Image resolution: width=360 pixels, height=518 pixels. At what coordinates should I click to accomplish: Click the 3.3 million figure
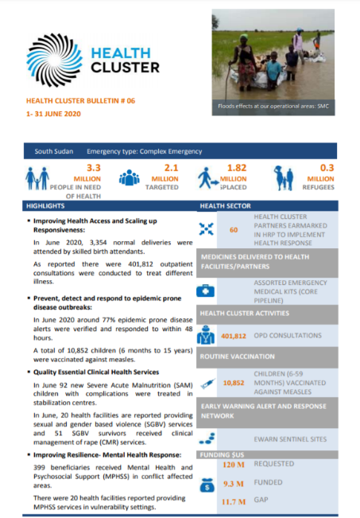(x=94, y=168)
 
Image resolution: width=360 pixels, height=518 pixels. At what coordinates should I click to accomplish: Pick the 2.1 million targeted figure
(x=171, y=168)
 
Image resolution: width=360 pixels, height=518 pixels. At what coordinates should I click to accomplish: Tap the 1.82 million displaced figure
(x=236, y=168)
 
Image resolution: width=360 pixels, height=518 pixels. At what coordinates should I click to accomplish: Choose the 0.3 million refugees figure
(x=326, y=168)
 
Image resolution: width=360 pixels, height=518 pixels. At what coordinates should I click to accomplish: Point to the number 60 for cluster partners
(x=234, y=229)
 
